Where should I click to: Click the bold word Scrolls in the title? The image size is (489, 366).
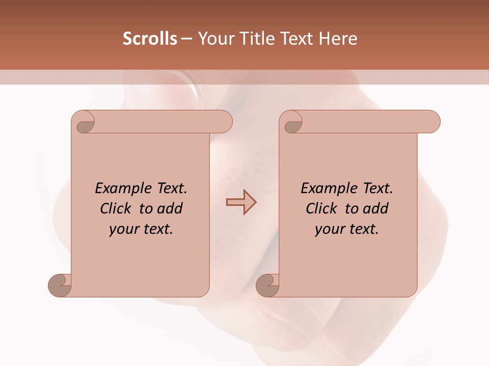tap(150, 39)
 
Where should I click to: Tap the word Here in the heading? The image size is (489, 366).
tap(338, 39)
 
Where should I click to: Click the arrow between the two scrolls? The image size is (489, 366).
tap(241, 202)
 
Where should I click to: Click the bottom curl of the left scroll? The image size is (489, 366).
tap(60, 285)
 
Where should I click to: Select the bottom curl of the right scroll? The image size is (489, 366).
tap(267, 285)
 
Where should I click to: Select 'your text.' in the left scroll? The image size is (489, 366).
tap(141, 229)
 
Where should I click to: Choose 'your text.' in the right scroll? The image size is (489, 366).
tap(347, 229)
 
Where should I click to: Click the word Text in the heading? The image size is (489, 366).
tap(294, 39)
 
